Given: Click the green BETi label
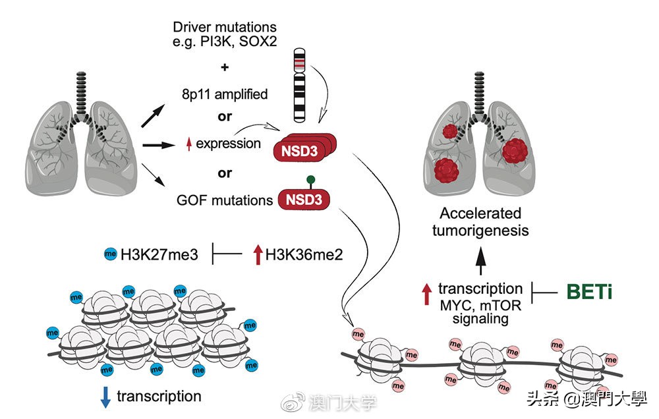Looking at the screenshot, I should coord(588,291).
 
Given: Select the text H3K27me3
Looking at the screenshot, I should coord(161,252).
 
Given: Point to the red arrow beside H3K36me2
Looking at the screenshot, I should coord(257,252).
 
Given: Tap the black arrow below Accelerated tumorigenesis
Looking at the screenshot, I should coord(480,260).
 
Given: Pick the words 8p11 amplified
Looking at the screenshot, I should coord(225,94).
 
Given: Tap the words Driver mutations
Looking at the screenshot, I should coord(225,27).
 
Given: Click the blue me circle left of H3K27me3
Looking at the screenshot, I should coord(110,252).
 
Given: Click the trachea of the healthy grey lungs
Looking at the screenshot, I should coord(82,89).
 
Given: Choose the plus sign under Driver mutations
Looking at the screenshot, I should coord(225,67).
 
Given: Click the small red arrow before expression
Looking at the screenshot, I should coord(188,144).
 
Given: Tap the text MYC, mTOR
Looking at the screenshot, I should coord(480,304).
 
